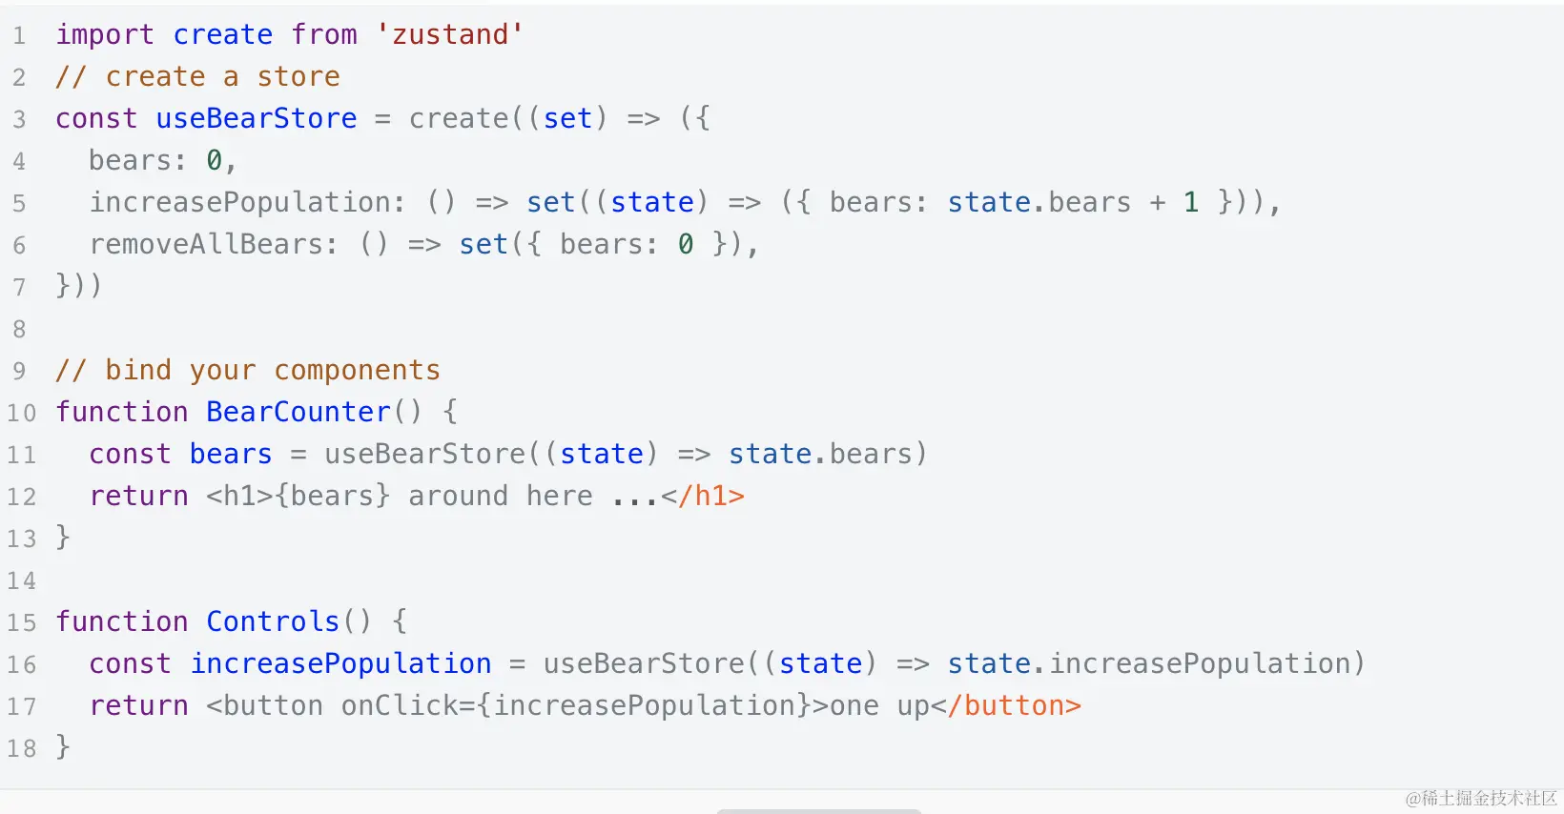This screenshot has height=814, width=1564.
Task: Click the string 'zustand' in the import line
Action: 450,34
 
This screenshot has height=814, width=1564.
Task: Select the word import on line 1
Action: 104,34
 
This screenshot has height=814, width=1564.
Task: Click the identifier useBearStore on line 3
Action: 256,118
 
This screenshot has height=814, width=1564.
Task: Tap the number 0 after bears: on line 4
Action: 215,160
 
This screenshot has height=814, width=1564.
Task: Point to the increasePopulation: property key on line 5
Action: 247,202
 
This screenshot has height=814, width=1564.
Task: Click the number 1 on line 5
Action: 1191,202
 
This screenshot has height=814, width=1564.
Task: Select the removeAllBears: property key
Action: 214,244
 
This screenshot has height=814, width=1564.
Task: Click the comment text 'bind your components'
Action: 272,370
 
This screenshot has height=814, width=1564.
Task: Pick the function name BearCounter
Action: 298,412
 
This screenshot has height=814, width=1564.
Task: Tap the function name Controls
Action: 273,621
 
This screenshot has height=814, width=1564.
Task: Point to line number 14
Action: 21,580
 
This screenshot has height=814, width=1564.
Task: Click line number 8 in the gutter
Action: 19,329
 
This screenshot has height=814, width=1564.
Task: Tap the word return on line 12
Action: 138,496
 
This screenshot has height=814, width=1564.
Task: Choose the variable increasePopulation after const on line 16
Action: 340,663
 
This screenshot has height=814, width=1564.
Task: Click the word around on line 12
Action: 458,496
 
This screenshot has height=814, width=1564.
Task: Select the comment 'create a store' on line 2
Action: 222,76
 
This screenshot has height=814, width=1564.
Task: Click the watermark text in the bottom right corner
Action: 1480,798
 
